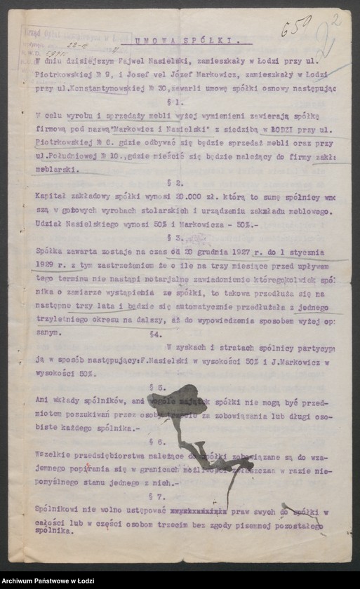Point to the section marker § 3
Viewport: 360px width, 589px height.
[x=182, y=238]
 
